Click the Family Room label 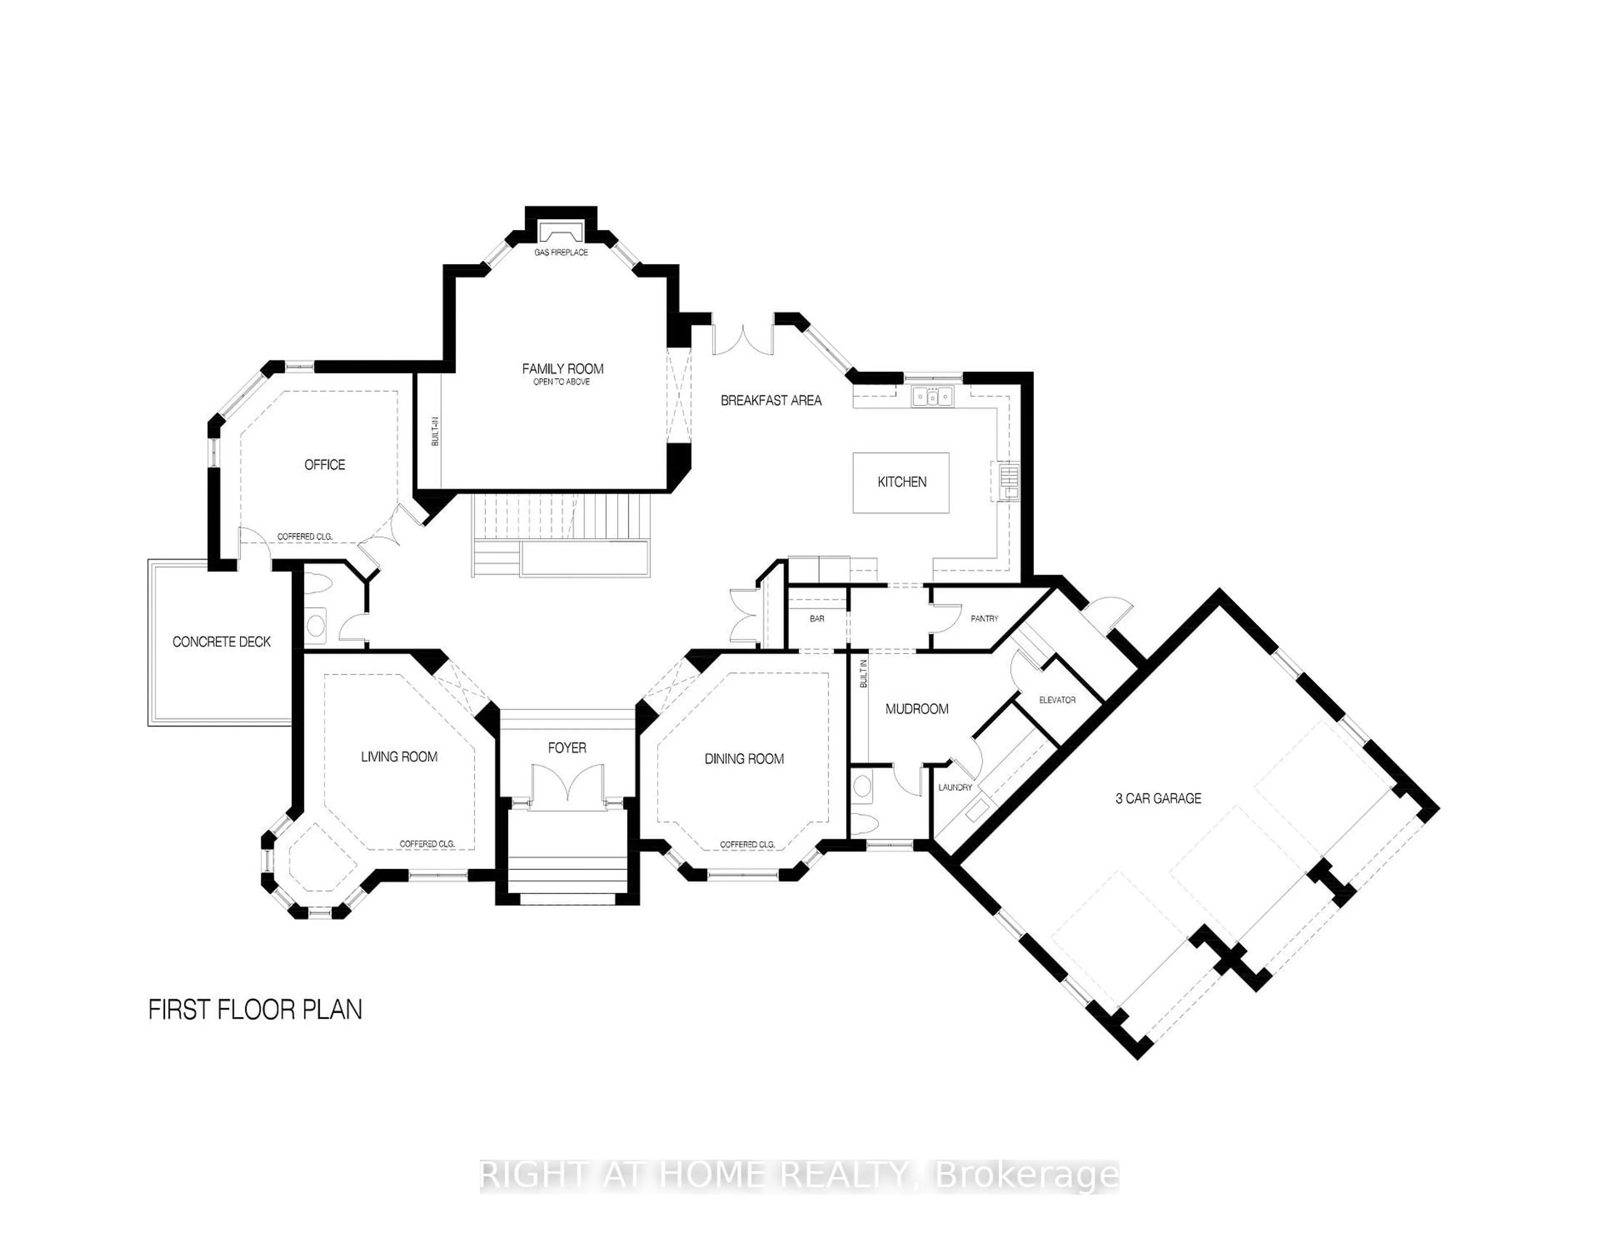pos(562,369)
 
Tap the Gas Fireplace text pos(561,253)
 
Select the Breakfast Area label pos(771,401)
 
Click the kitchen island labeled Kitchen pos(901,482)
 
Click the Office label pos(324,465)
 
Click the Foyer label pos(567,748)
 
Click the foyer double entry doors pos(568,787)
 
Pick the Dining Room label pos(744,759)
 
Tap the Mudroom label pos(917,709)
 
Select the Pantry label pos(984,619)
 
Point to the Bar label pos(817,619)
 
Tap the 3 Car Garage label pos(1158,799)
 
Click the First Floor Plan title pos(255,1010)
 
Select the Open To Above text pos(562,382)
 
